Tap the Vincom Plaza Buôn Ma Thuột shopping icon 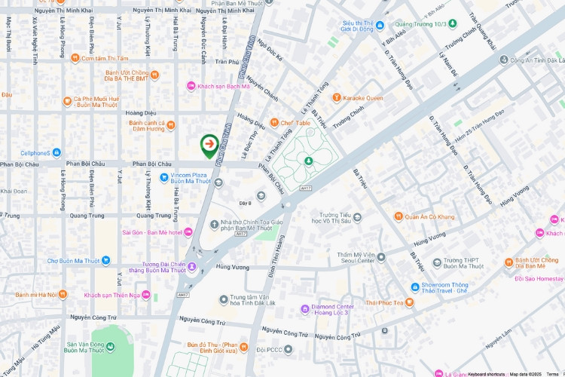[x=163, y=177]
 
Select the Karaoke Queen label [x=363, y=98]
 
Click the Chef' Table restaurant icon [x=274, y=122]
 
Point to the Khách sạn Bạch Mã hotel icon [x=191, y=86]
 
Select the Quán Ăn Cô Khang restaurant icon [x=399, y=217]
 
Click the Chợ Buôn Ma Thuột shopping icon [x=106, y=261]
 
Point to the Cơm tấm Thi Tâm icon [x=75, y=58]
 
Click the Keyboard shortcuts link [x=485, y=374]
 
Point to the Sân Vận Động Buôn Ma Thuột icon [x=111, y=348]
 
